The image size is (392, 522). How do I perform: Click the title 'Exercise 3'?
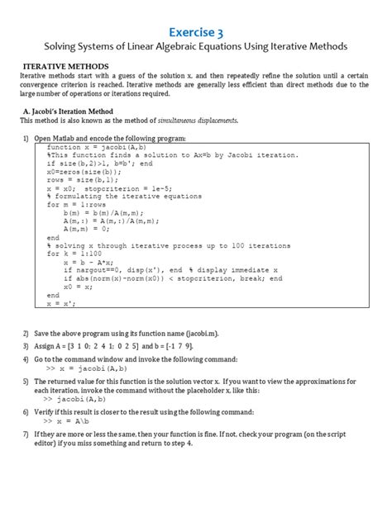(196, 31)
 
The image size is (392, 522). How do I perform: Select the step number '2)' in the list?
(26, 331)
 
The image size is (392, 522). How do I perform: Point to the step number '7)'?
(26, 433)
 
